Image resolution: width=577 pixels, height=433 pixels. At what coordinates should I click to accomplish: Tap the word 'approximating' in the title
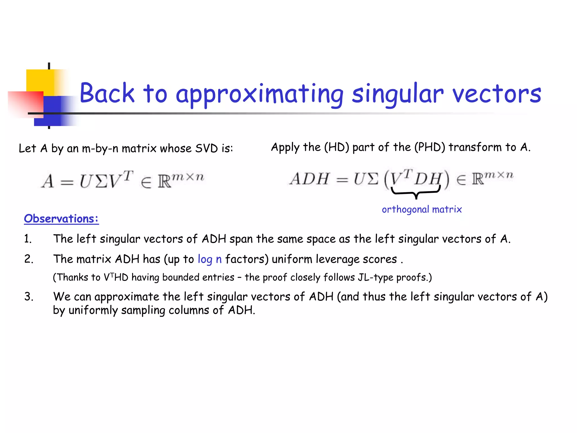click(259, 94)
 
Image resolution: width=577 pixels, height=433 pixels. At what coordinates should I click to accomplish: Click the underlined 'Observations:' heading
click(61, 219)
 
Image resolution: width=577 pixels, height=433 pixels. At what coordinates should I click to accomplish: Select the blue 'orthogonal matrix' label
click(422, 209)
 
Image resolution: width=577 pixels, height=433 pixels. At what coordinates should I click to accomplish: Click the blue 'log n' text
click(210, 259)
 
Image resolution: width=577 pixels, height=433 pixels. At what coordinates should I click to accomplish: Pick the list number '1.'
click(28, 239)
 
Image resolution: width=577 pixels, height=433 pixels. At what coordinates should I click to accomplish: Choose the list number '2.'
click(28, 259)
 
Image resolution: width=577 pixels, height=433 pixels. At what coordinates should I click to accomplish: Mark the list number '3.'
click(28, 297)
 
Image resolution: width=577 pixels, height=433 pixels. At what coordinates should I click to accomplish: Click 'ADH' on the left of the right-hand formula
click(309, 179)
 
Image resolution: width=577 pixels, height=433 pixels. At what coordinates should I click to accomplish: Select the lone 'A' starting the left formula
click(48, 181)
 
